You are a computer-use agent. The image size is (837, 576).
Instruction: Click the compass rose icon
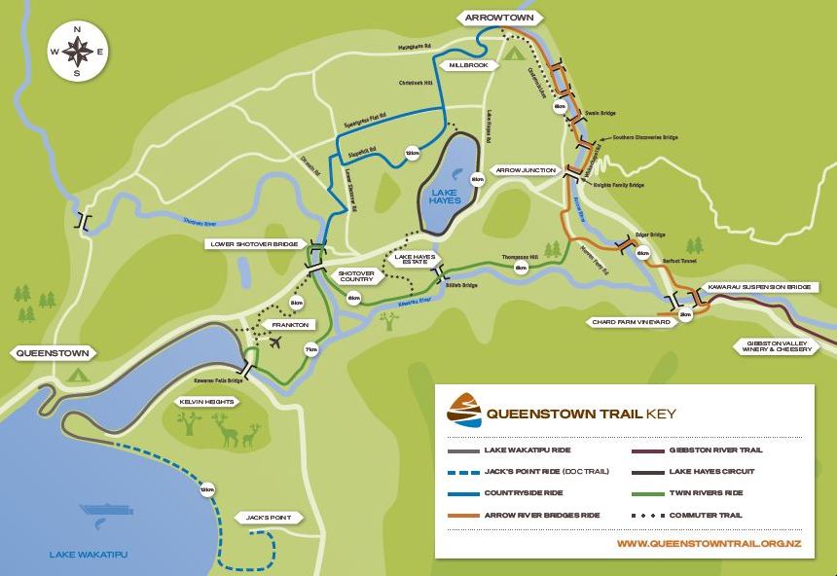pyautogui.click(x=78, y=52)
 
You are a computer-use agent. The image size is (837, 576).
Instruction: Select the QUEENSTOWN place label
pyautogui.click(x=52, y=353)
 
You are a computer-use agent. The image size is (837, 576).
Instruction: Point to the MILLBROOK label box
pyautogui.click(x=468, y=65)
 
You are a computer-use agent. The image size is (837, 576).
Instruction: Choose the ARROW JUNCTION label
pyautogui.click(x=525, y=170)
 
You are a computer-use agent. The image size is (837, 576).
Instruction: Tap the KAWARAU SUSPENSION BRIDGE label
pyautogui.click(x=757, y=288)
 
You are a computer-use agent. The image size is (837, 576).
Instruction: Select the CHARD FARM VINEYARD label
pyautogui.click(x=631, y=322)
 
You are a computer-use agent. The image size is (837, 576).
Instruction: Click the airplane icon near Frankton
pyautogui.click(x=275, y=342)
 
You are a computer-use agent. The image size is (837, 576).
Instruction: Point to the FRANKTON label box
pyautogui.click(x=290, y=325)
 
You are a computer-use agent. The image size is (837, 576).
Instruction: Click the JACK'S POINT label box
pyautogui.click(x=269, y=518)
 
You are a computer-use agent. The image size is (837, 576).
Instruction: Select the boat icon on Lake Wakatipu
pyautogui.click(x=107, y=509)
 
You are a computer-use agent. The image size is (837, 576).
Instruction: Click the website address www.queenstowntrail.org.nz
pyautogui.click(x=709, y=543)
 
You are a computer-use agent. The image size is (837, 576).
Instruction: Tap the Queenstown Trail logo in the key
pyautogui.click(x=463, y=411)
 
